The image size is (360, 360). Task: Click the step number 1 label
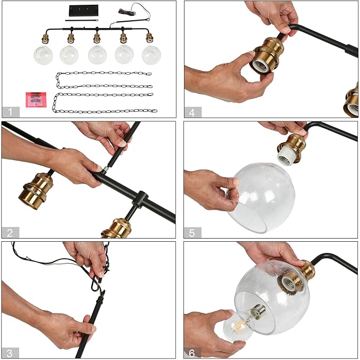tap(11, 112)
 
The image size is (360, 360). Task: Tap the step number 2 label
tap(10, 233)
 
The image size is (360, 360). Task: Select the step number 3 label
tap(10, 353)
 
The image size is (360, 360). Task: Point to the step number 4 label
tap(192, 112)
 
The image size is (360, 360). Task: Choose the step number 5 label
tap(192, 233)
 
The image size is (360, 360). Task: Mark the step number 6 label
tap(192, 353)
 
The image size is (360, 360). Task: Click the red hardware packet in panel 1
tap(36, 100)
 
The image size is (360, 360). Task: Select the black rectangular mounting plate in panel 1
tap(84, 11)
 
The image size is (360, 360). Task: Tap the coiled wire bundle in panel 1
tap(127, 12)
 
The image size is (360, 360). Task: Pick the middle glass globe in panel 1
tap(97, 55)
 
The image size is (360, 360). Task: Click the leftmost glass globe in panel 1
tap(43, 55)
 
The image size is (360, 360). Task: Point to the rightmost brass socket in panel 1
tap(150, 38)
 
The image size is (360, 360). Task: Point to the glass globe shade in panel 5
tap(261, 198)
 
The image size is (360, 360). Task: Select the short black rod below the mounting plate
tap(82, 21)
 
